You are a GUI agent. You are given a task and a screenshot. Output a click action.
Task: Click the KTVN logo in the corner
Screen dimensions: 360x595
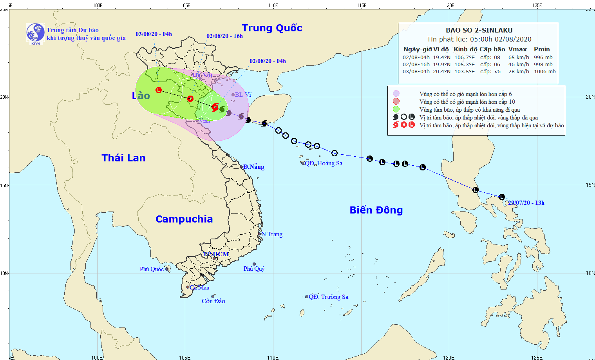35,33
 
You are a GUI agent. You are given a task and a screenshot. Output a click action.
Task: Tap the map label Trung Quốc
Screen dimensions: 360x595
271,28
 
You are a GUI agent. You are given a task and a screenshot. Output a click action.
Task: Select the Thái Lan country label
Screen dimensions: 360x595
123,158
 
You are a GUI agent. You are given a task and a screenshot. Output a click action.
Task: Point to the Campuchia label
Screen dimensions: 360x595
184,219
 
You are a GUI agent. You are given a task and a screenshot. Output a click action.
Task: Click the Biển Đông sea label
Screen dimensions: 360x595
376,210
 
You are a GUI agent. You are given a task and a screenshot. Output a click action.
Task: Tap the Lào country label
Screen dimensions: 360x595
141,96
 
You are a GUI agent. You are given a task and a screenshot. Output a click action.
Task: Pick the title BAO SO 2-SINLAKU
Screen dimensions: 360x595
479,30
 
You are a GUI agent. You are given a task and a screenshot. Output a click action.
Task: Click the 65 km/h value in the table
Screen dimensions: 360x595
518,58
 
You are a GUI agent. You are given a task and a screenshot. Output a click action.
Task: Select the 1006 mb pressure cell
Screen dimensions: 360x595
544,72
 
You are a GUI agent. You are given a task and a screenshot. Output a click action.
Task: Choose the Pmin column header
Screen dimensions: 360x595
542,49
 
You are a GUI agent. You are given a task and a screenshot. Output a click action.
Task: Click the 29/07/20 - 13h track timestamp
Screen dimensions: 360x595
526,203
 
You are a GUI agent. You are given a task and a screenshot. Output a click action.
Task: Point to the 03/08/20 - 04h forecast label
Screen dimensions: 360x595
154,34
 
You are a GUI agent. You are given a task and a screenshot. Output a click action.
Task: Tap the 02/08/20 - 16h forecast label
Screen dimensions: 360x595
224,36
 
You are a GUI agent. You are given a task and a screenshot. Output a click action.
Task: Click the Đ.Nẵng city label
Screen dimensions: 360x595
253,167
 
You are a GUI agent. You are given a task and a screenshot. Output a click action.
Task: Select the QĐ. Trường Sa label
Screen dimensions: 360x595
328,297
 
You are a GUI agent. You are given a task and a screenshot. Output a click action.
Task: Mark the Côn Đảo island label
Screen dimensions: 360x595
213,301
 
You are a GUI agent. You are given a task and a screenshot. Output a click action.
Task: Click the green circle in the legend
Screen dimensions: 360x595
396,109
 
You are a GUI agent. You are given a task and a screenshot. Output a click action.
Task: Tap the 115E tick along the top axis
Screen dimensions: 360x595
361,5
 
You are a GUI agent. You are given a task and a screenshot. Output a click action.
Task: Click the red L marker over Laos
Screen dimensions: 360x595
159,90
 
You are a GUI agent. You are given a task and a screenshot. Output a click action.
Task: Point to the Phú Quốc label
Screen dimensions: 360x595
152,269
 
